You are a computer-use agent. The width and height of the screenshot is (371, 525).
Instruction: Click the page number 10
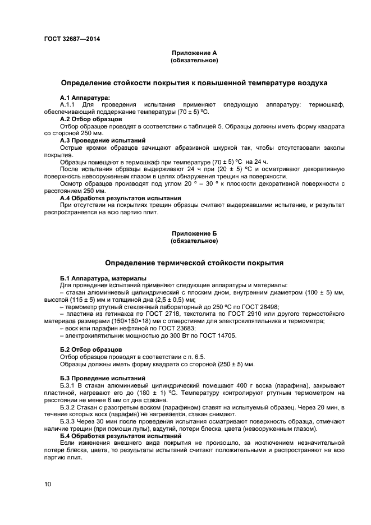point(48,483)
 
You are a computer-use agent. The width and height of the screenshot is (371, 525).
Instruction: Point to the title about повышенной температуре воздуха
point(194,83)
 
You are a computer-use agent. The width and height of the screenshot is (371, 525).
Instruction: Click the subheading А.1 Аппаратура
point(85,98)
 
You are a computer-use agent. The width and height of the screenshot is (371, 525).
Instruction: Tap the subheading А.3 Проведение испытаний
point(103,140)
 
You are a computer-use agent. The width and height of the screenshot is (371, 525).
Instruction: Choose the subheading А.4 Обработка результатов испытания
point(120,197)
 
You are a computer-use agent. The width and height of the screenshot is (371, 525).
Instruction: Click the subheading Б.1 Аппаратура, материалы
point(103,278)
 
